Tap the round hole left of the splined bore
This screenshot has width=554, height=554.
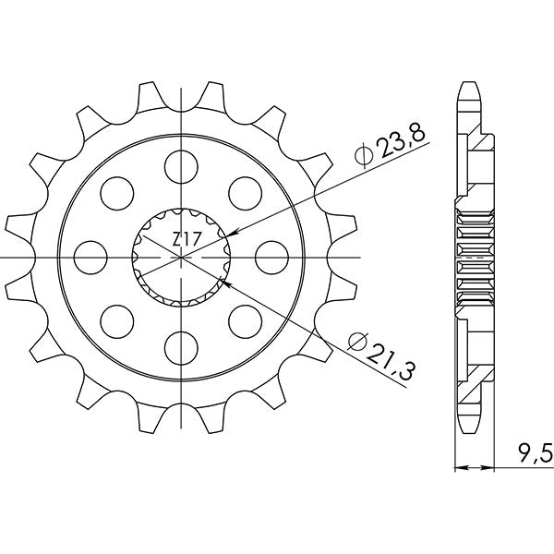(90, 256)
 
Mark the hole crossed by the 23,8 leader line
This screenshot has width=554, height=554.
(243, 193)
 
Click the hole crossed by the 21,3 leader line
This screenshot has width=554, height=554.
(243, 319)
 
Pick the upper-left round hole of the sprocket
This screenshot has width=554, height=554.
(116, 193)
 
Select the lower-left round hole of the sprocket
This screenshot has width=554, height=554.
(116, 319)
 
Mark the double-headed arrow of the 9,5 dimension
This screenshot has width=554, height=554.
(473, 468)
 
